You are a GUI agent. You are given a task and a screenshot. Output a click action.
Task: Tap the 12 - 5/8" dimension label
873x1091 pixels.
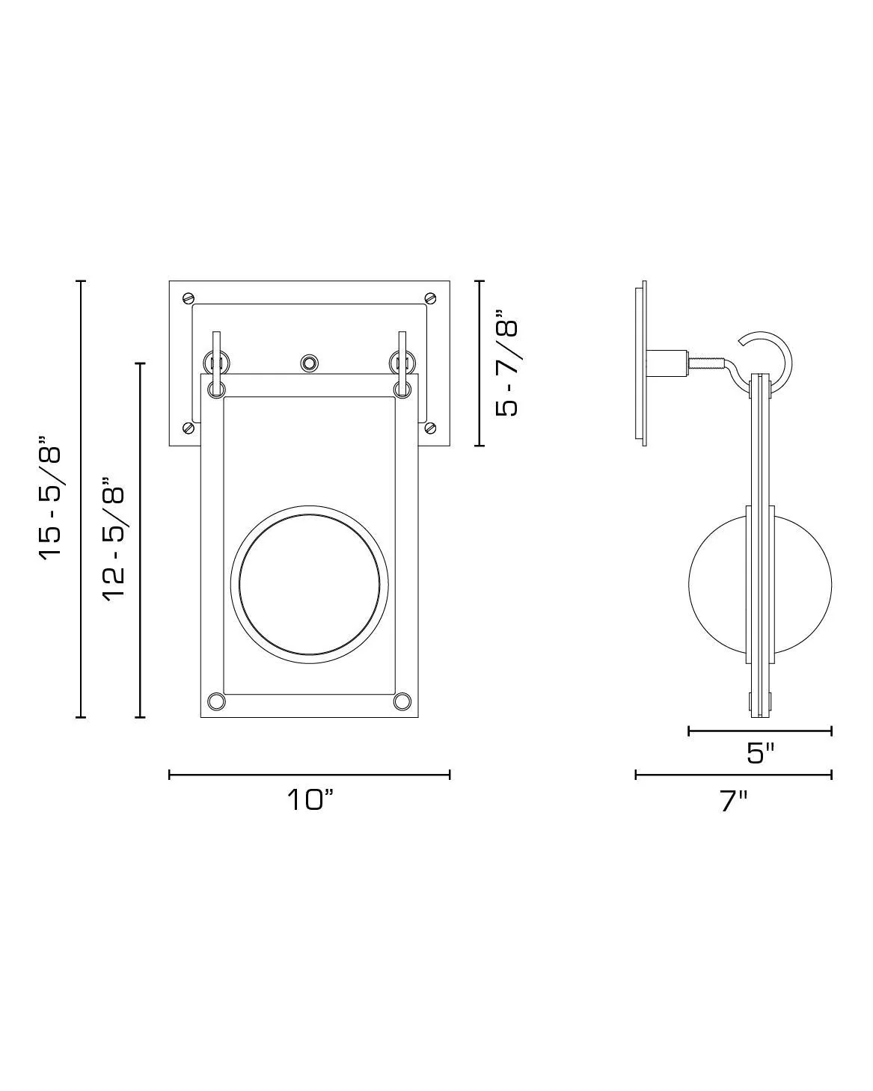[114, 540]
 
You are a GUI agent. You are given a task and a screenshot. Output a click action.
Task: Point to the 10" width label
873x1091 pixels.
[309, 800]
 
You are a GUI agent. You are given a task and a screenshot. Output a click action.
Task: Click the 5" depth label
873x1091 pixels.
[760, 753]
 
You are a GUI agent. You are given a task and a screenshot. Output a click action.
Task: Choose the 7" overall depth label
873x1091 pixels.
[733, 801]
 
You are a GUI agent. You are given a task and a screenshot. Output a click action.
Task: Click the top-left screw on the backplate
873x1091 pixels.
[188, 298]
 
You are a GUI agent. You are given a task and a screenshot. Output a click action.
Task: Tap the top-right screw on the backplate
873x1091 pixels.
[430, 298]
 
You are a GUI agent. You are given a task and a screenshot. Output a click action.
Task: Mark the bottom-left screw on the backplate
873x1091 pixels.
[188, 428]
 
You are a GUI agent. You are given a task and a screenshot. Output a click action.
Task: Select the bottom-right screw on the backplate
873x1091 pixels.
[430, 428]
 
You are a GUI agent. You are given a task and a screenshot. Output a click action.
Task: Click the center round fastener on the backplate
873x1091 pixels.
[308, 363]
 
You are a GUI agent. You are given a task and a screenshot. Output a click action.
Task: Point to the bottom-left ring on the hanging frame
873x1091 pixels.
[216, 701]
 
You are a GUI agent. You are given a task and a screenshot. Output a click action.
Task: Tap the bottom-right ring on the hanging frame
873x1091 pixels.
[402, 701]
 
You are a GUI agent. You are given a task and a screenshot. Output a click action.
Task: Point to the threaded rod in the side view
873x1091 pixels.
[706, 364]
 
